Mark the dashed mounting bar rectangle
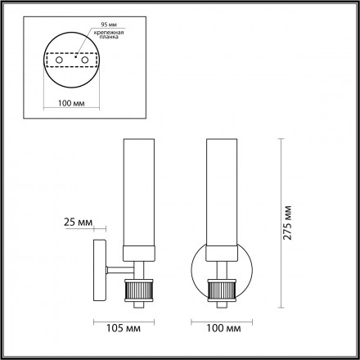click(x=70, y=60)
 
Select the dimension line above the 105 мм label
click(x=121, y=319)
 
